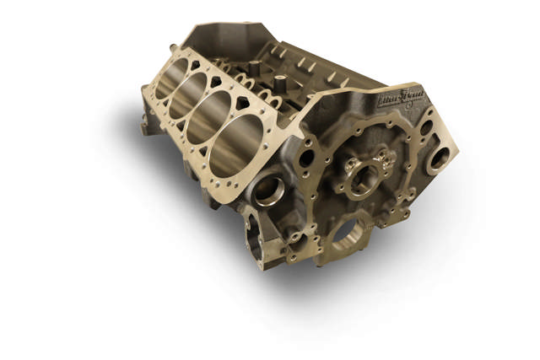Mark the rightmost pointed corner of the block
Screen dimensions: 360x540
point(459,155)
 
